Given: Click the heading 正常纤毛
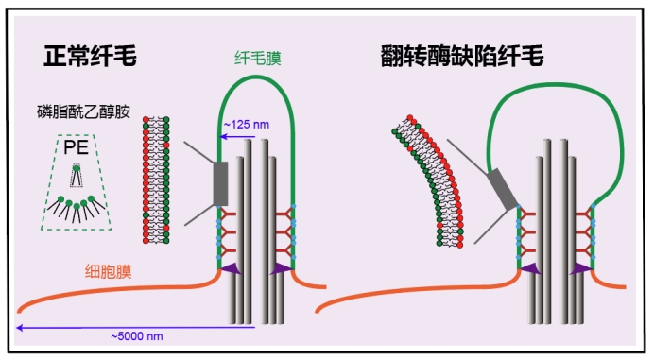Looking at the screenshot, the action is tap(90, 56).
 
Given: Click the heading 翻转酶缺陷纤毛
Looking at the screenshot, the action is tap(462, 56).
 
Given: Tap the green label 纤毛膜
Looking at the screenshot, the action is tap(258, 58).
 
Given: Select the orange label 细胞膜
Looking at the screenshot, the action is tap(109, 271).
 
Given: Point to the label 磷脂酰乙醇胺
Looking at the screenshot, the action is tap(83, 111).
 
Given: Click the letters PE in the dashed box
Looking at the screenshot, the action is tap(76, 147).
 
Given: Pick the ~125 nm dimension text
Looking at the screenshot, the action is tap(247, 125).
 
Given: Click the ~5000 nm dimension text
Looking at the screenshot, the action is tap(137, 336).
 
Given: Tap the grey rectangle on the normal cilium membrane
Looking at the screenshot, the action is tap(220, 183).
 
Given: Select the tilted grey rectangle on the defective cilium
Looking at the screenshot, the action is tap(502, 189).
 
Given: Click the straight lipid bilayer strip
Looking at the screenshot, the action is tap(156, 180).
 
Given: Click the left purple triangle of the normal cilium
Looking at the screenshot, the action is tap(232, 269).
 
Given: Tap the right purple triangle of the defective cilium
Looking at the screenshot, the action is tap(580, 269).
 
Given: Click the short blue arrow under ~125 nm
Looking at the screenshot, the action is tap(237, 136).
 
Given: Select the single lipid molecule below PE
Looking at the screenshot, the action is tap(77, 176).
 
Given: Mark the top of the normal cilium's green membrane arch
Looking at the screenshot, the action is tap(256, 77).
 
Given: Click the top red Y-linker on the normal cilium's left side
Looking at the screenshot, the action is tap(227, 214).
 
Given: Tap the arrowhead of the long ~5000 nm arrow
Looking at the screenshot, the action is tap(19, 328).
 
